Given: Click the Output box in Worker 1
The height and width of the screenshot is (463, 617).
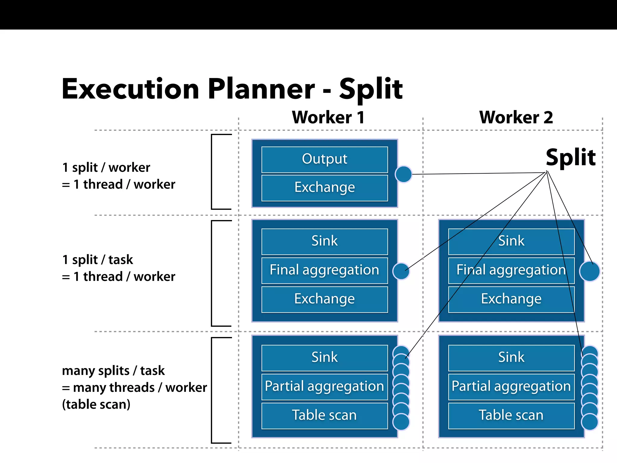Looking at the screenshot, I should pos(324,159).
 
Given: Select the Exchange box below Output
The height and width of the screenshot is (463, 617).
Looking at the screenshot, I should pos(324,187).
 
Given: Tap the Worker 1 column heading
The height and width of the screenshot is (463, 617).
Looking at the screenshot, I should pos(328,117).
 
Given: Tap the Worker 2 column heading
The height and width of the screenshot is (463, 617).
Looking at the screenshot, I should pos(516,117).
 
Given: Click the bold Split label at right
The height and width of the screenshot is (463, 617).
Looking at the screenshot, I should pos(570,157).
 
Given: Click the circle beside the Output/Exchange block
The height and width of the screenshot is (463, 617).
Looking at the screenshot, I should pos(403,174).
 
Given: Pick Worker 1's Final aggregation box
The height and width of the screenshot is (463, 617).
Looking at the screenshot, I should pos(324,270).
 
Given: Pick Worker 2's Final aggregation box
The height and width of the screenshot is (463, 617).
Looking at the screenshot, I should pos(511,270).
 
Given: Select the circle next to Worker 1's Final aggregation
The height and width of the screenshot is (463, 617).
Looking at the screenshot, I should pos(401,271).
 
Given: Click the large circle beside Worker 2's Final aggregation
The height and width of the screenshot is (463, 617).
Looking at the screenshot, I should pos(589,271).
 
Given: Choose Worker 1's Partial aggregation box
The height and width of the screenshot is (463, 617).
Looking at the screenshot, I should pos(324,386).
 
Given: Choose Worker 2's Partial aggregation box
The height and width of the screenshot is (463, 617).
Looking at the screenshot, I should pos(511,386).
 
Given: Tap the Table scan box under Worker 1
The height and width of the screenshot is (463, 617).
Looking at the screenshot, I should pos(324,415).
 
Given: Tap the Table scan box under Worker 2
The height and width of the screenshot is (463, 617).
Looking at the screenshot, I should pos(511,415).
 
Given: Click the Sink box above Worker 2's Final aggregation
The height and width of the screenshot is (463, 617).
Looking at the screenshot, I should pos(511,241).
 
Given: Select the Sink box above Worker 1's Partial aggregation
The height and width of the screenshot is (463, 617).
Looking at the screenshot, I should pos(324,357).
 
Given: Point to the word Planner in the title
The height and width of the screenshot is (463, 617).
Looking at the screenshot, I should pos(261,89).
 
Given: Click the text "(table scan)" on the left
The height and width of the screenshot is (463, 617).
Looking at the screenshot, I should pos(96,405).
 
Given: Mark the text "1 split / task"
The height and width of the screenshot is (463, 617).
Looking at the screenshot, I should pos(97,260).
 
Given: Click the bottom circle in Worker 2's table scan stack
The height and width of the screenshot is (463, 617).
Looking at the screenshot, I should pos(590,422).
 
